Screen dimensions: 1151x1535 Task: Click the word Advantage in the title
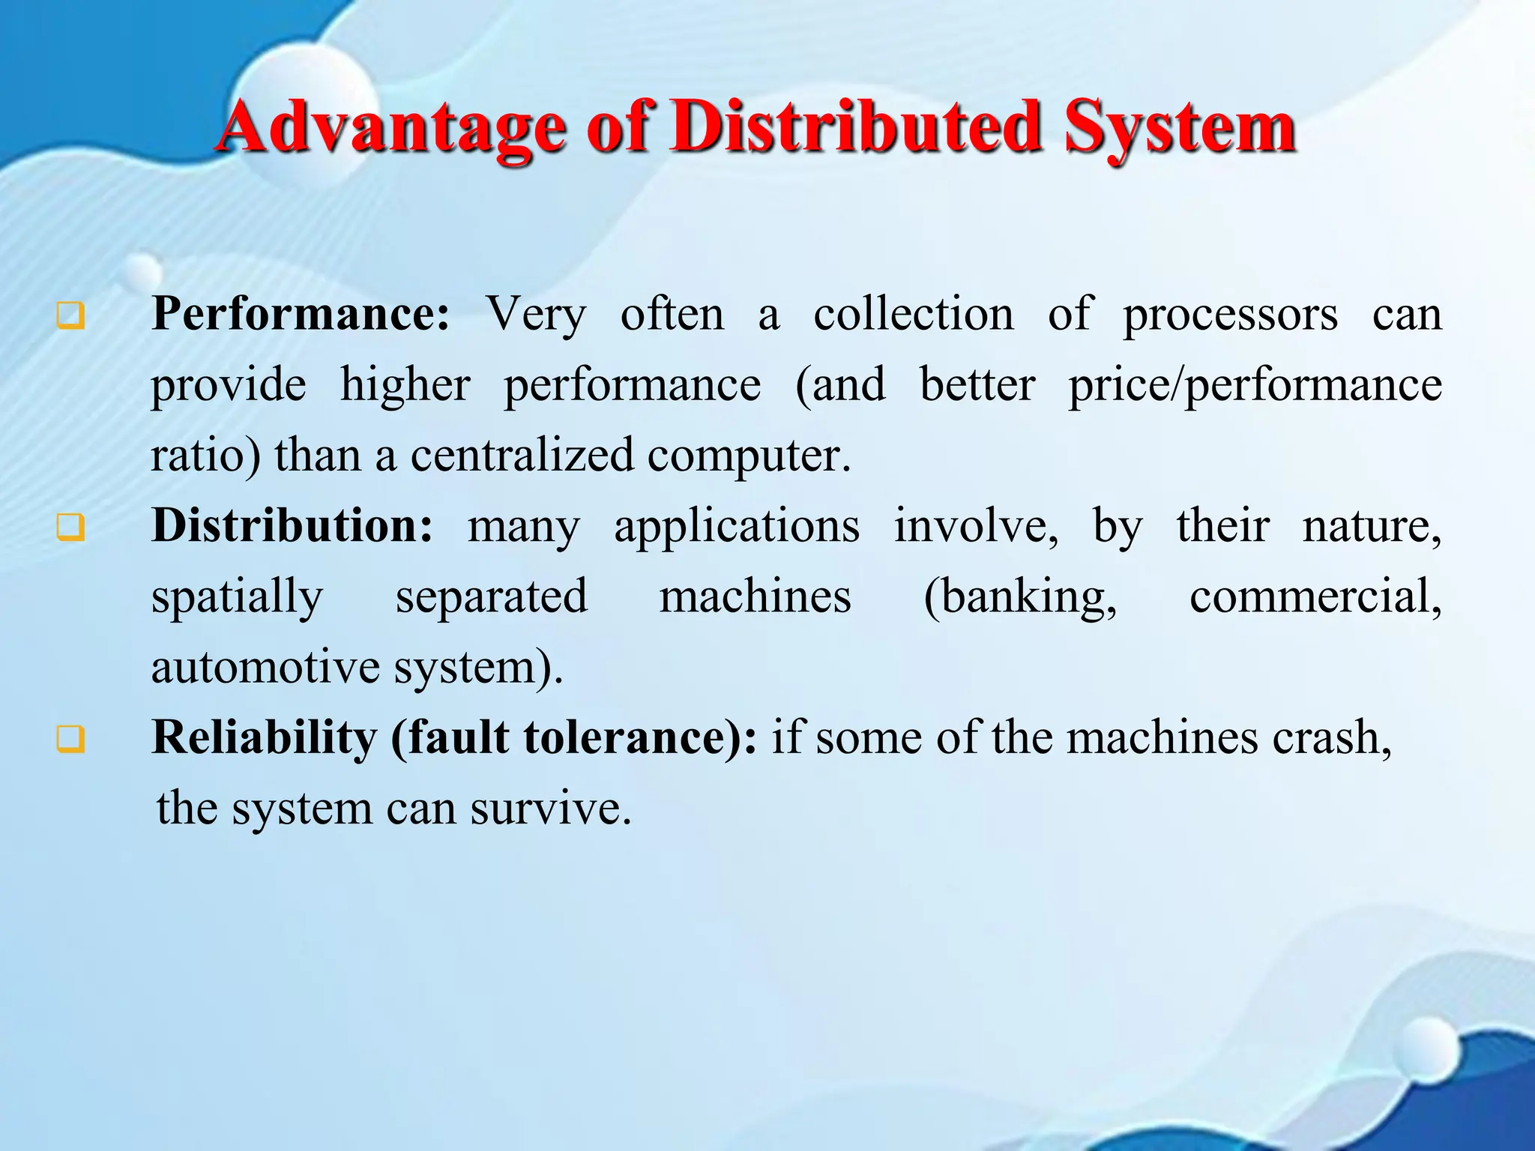pos(390,129)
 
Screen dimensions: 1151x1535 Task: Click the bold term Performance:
pos(301,315)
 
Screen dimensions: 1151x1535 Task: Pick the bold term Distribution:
pos(292,526)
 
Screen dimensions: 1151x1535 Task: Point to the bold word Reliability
pos(264,738)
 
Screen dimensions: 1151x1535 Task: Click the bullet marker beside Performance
pos(70,316)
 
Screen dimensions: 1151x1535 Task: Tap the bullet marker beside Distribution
pos(70,528)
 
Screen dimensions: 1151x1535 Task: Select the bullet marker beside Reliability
pos(70,740)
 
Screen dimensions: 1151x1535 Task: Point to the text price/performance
pos(1255,386)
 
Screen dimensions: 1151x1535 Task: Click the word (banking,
pos(1020,598)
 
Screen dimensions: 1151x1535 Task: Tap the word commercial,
pos(1315,598)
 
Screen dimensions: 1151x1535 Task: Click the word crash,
pos(1331,738)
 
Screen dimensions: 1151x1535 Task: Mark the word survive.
pos(551,809)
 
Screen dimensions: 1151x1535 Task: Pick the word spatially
pos(237,598)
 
